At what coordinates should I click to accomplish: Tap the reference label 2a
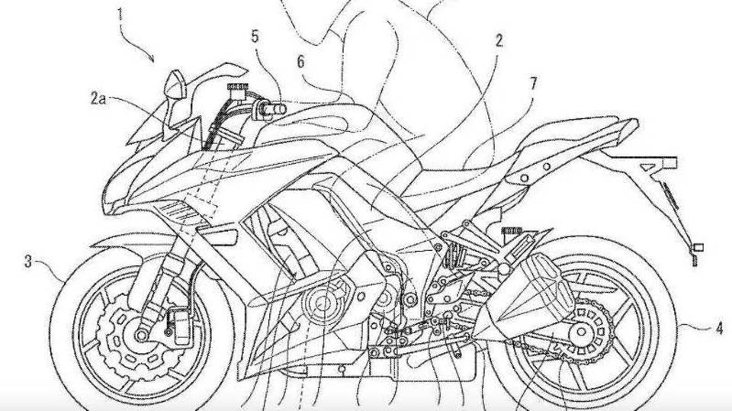pyautogui.click(x=99, y=98)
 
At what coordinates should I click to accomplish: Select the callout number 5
pyautogui.click(x=255, y=37)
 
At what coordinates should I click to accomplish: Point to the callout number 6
pyautogui.click(x=300, y=61)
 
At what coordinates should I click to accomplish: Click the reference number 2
pyautogui.click(x=499, y=41)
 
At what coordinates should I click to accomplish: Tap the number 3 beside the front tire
pyautogui.click(x=28, y=262)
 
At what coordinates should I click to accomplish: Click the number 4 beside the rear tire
pyautogui.click(x=720, y=329)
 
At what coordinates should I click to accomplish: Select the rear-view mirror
pyautogui.click(x=176, y=84)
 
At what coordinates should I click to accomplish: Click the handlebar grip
pyautogui.click(x=274, y=110)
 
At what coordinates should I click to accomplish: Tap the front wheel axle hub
pyautogui.click(x=140, y=335)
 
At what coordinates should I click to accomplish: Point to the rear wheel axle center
pyautogui.click(x=581, y=332)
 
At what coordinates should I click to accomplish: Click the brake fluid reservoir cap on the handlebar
pyautogui.click(x=237, y=87)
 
